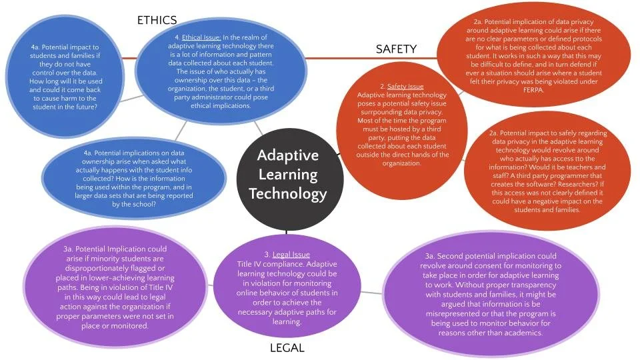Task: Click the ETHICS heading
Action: (157, 20)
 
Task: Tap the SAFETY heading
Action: (396, 49)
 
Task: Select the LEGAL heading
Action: (287, 347)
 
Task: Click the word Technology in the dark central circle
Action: (288, 194)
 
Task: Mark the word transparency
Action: (525, 284)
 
